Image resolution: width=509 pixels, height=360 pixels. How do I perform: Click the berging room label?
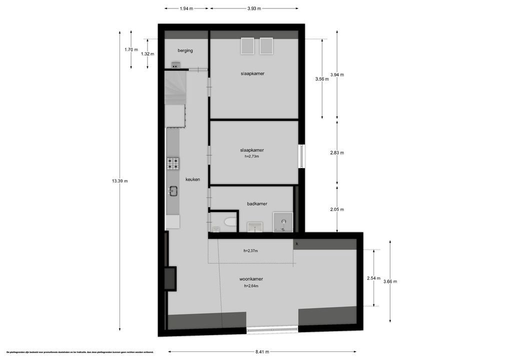pyautogui.click(x=185, y=50)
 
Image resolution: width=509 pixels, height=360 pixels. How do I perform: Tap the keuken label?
pyautogui.click(x=192, y=179)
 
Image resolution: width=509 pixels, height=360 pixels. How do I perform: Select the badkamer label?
pyautogui.click(x=257, y=204)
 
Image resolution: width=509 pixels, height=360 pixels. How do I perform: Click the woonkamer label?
pyautogui.click(x=251, y=279)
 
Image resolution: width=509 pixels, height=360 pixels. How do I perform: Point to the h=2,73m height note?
pyautogui.click(x=251, y=156)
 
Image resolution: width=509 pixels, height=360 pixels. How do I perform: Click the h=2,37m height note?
pyautogui.click(x=250, y=251)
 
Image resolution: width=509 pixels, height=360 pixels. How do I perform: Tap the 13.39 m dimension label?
pyautogui.click(x=119, y=181)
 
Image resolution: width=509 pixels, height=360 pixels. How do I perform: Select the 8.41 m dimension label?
pyautogui.click(x=262, y=352)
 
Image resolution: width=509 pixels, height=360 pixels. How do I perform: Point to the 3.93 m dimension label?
pyautogui.click(x=254, y=8)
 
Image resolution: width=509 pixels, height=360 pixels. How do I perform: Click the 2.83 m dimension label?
pyautogui.click(x=337, y=153)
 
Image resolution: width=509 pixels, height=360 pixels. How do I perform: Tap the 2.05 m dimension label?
pyautogui.click(x=337, y=210)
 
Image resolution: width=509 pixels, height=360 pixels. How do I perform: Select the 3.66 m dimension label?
pyautogui.click(x=390, y=281)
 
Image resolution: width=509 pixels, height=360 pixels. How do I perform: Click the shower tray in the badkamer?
pyautogui.click(x=283, y=222)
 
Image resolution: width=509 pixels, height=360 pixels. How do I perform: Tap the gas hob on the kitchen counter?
pyautogui.click(x=173, y=163)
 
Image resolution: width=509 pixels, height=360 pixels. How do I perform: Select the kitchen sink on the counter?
pyautogui.click(x=173, y=190)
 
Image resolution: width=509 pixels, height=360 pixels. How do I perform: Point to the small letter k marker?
pyautogui.click(x=297, y=244)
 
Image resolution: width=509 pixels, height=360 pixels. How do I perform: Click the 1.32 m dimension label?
pyautogui.click(x=147, y=54)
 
